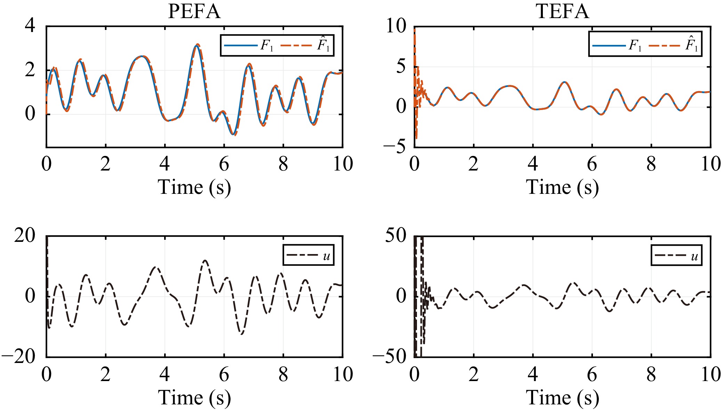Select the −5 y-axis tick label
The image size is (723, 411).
pos(394,147)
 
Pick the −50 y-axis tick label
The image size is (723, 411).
pos(389,356)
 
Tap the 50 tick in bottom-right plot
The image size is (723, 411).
pos(396,236)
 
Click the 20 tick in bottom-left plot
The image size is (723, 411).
pos(25,236)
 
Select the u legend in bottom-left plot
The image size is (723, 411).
pos(308,255)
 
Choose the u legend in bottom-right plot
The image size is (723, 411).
pos(676,255)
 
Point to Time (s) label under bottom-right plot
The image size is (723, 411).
pos(562,397)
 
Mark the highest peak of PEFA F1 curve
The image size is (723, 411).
pos(196,46)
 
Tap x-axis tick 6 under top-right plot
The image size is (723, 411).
pos(592,164)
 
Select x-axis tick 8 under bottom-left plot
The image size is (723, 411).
pos(283,374)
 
